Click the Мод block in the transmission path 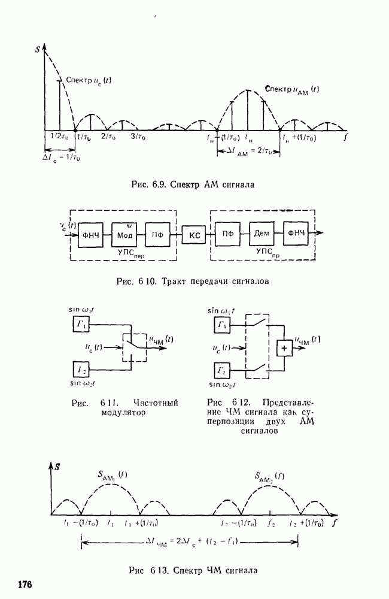click(x=124, y=234)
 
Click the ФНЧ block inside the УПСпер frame click(x=91, y=234)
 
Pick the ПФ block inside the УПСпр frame click(x=227, y=234)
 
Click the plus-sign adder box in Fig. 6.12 click(x=285, y=347)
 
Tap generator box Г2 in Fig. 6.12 click(x=222, y=368)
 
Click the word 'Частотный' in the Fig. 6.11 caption click(x=156, y=403)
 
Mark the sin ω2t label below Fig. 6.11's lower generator click(x=83, y=383)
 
